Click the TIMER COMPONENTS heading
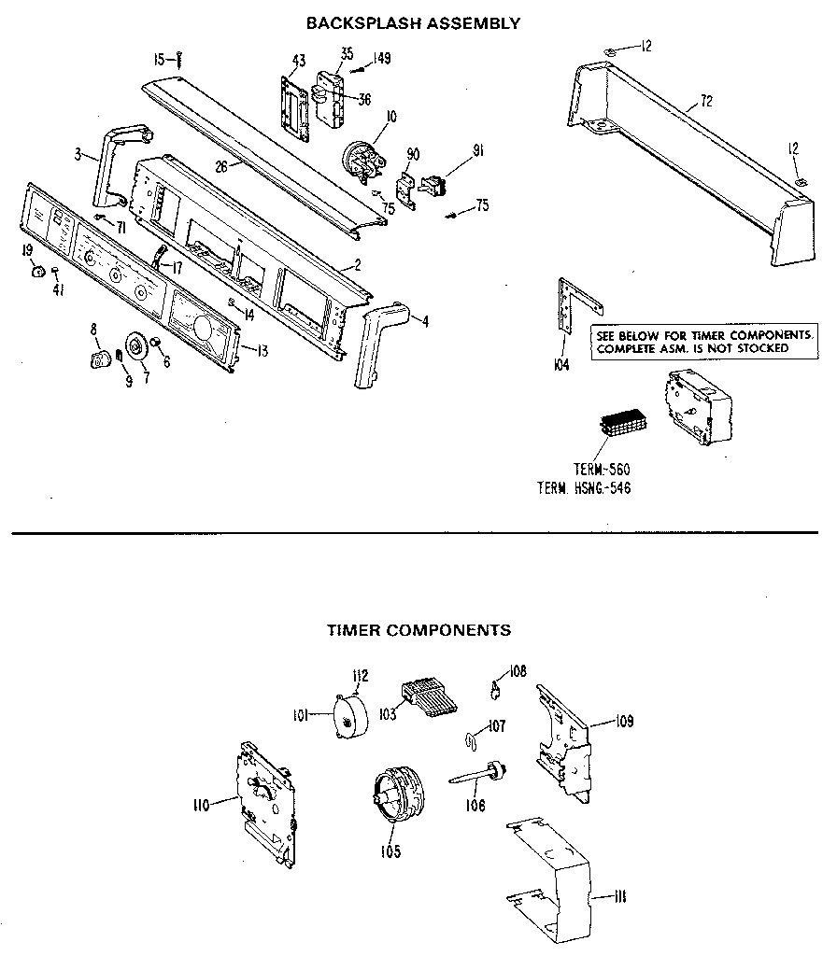click(x=418, y=630)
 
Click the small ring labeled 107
click(x=471, y=740)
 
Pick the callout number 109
click(x=624, y=721)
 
